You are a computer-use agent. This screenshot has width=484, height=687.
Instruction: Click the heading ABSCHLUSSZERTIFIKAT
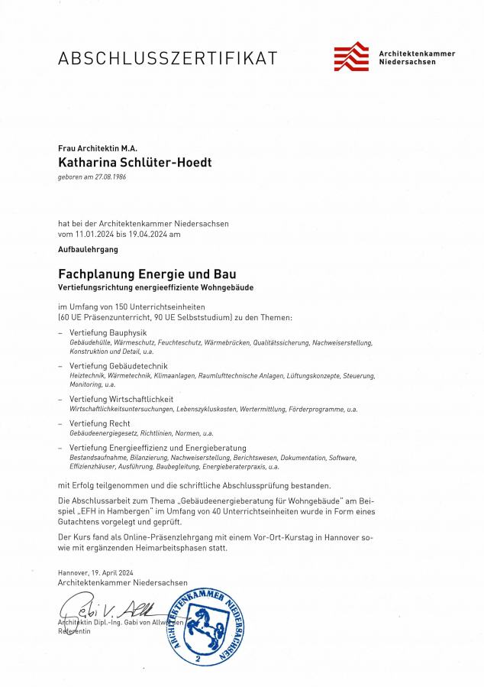pos(168,58)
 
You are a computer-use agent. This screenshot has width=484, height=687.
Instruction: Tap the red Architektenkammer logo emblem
pos(351,57)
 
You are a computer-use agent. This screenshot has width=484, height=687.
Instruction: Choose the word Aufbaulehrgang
pos(88,249)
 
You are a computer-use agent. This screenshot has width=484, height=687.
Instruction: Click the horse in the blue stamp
pos(203,621)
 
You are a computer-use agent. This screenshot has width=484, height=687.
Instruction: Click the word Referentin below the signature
pos(74,631)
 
